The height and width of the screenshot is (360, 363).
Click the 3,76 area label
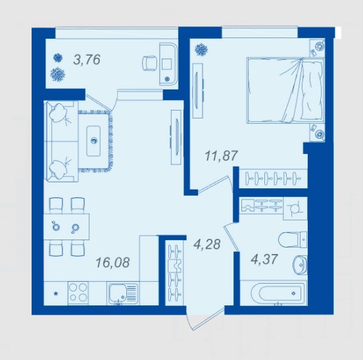pyautogui.click(x=87, y=59)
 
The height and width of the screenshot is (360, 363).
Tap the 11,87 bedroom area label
pyautogui.click(x=222, y=155)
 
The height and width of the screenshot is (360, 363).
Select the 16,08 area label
pyautogui.click(x=112, y=262)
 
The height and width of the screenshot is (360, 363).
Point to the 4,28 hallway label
pyautogui.click(x=206, y=244)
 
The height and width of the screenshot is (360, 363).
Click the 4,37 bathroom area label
pyautogui.click(x=264, y=259)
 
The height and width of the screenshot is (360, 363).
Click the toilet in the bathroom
pyautogui.click(x=293, y=240)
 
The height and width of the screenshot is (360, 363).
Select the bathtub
pyautogui.click(x=274, y=293)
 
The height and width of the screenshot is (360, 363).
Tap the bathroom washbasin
pyautogui.click(x=301, y=265)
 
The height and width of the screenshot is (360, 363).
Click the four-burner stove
pyautogui.click(x=78, y=294)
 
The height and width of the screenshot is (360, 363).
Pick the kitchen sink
pyautogui.click(x=122, y=294)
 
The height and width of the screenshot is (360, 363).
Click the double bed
pyautogui.click(x=285, y=90)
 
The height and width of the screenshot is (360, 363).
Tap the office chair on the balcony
pyautogui.click(x=149, y=63)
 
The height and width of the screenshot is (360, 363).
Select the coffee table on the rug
pyautogui.click(x=93, y=141)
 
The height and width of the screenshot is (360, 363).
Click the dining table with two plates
pyautogui.click(x=66, y=226)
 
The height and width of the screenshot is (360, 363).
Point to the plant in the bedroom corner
pyautogui.click(x=201, y=49)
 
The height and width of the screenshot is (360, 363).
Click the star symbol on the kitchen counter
pyautogui.click(x=55, y=294)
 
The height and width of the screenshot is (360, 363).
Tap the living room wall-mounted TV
pyautogui.click(x=176, y=137)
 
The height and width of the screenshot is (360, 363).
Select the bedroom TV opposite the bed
pyautogui.click(x=198, y=91)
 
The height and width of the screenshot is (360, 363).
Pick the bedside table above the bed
pyautogui.click(x=318, y=48)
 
